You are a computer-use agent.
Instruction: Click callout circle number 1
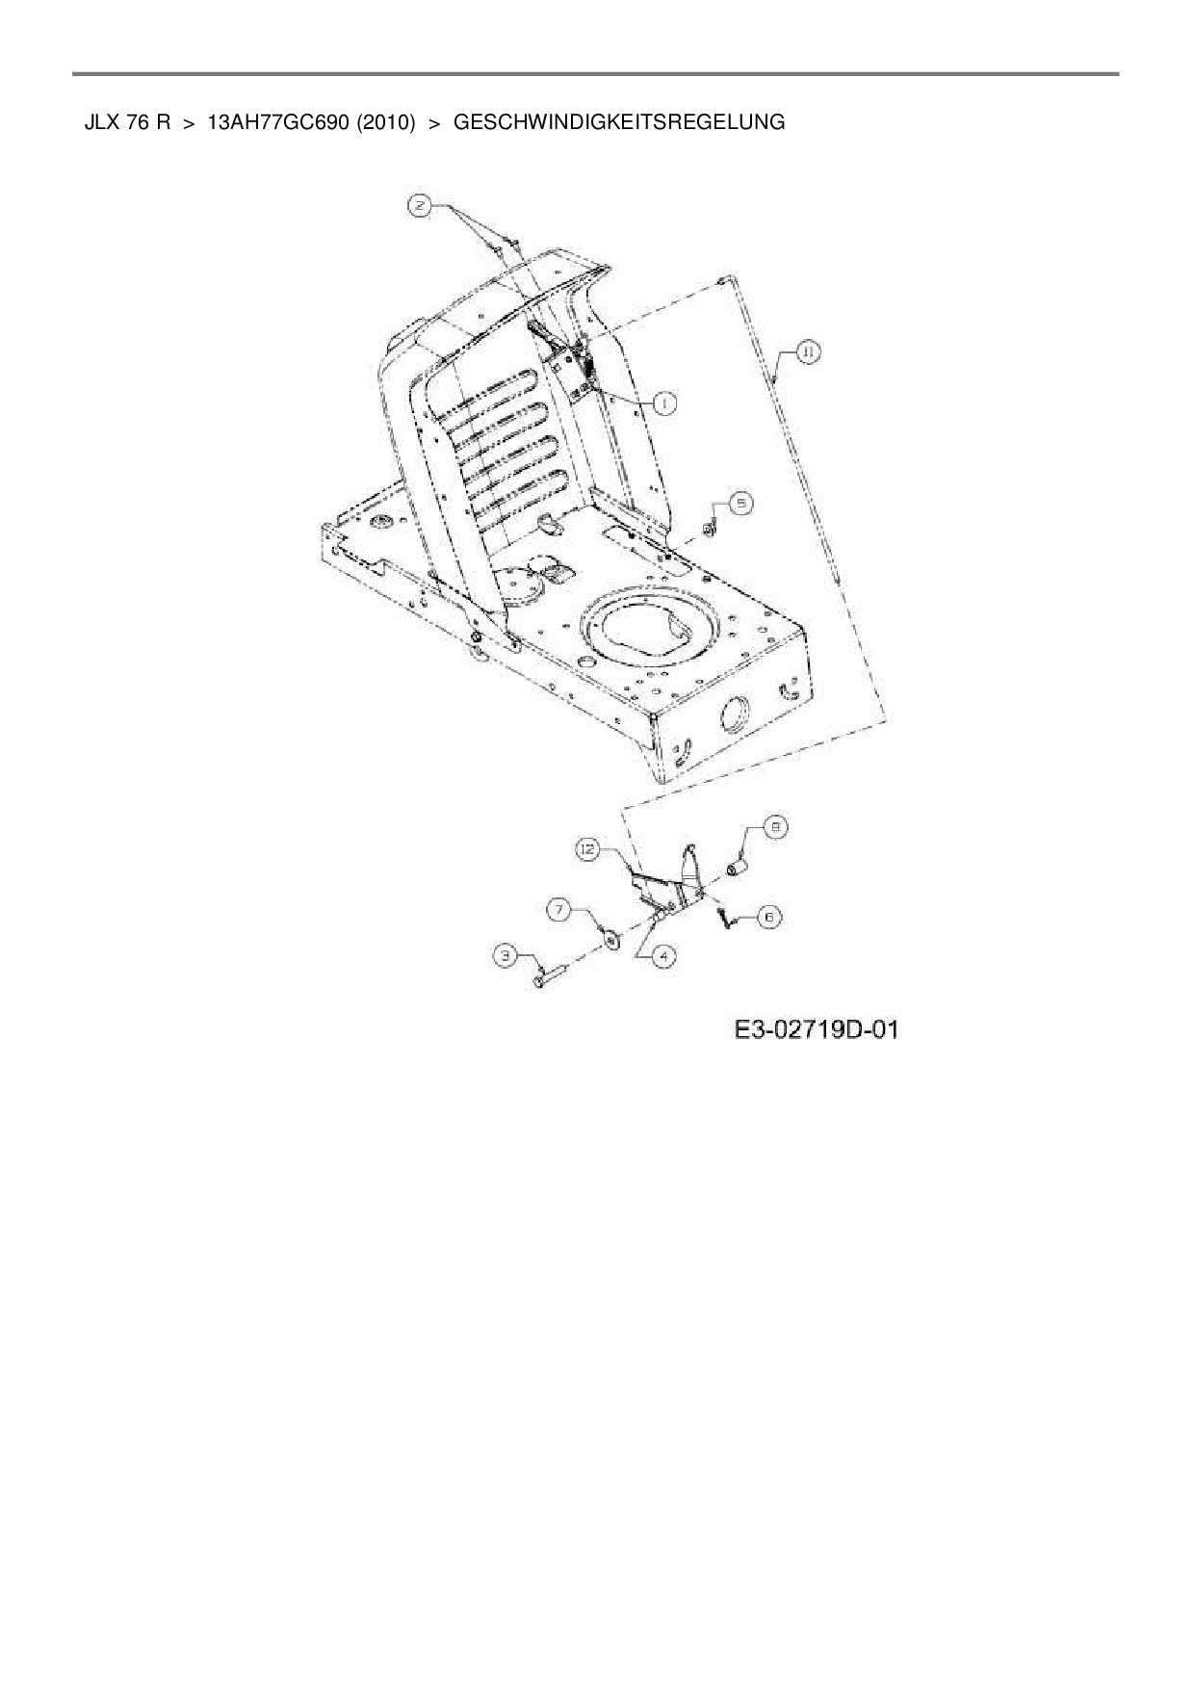click(664, 403)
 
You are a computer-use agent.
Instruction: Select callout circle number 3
click(506, 955)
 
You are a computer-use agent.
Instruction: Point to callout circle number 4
click(664, 955)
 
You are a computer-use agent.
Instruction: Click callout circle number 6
click(769, 917)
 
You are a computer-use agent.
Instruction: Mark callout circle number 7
click(560, 908)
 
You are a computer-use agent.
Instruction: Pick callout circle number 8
click(776, 826)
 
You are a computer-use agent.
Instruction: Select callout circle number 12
click(588, 848)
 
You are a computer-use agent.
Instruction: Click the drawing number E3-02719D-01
click(817, 1030)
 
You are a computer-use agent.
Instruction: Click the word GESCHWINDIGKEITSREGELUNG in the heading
click(618, 122)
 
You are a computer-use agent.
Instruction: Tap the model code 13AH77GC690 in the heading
click(277, 122)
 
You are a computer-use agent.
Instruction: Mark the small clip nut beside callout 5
click(710, 528)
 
